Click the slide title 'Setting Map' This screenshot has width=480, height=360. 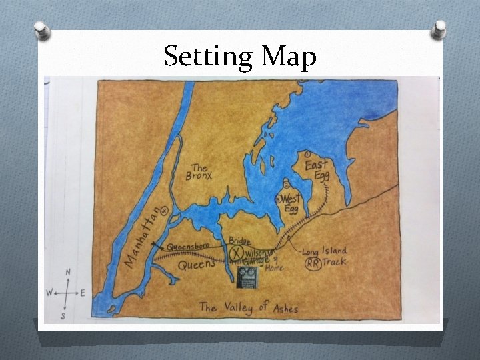tap(239, 57)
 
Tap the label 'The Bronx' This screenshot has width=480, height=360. tap(200, 173)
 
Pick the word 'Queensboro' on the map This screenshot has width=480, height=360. tap(188, 245)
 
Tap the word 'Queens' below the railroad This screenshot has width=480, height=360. tap(197, 265)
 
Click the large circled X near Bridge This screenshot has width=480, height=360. tap(237, 253)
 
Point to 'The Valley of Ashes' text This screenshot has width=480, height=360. tap(248, 307)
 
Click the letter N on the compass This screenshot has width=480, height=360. tap(68, 272)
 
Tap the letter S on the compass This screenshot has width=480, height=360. tap(63, 317)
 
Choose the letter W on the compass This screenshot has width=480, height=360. tap(49, 292)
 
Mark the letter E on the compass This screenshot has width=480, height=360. tap(82, 293)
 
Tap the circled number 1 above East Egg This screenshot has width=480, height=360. tap(305, 154)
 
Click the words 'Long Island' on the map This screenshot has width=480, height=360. tap(325, 251)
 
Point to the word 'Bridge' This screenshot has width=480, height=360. tap(239, 240)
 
